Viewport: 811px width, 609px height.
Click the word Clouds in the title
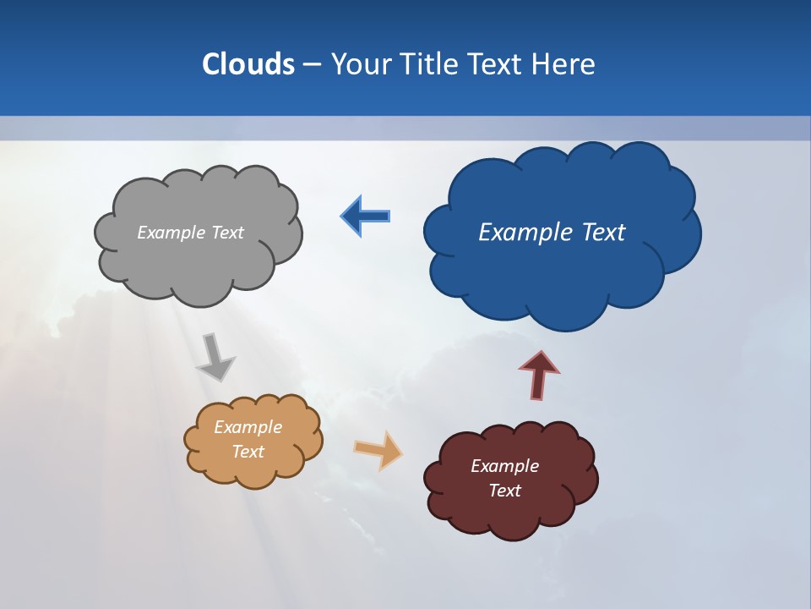(248, 64)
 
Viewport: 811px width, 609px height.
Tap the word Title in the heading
(433, 64)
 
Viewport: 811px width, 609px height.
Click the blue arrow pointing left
(367, 216)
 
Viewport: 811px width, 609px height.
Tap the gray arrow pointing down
(215, 357)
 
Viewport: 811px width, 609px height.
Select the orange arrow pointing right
(378, 449)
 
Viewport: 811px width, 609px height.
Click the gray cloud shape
(199, 262)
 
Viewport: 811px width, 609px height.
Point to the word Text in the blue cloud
(599, 233)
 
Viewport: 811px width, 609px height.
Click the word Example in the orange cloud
(248, 427)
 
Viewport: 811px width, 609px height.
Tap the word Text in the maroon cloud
(504, 491)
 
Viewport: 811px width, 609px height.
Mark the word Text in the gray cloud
(227, 233)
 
